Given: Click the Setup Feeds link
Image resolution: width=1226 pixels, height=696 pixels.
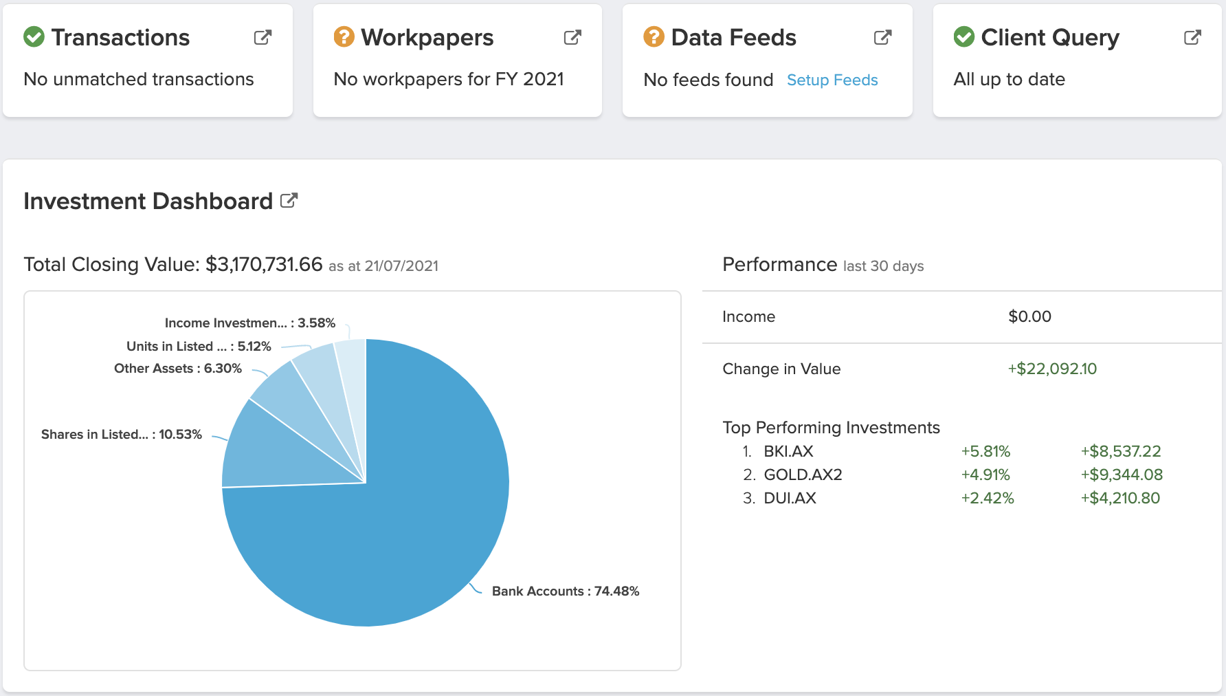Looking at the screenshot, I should pyautogui.click(x=832, y=80).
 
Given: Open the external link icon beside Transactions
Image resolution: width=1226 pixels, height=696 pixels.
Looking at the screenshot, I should pyautogui.click(x=263, y=38).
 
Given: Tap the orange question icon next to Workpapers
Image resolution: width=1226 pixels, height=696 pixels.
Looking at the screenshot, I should pyautogui.click(x=344, y=36).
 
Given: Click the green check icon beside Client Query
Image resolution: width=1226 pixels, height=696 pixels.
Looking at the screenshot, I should pyautogui.click(x=964, y=36).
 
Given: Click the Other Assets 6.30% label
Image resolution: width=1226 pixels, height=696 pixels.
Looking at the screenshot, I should pyautogui.click(x=178, y=369).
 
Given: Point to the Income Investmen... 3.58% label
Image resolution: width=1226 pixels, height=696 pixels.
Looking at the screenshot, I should pyautogui.click(x=249, y=323).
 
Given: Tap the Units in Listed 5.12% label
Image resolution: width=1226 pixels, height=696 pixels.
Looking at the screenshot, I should pyautogui.click(x=199, y=347).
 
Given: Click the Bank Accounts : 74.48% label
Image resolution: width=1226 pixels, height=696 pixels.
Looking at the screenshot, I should pyautogui.click(x=566, y=591).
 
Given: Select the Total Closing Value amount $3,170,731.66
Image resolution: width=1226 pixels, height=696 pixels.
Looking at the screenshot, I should pyautogui.click(x=264, y=265).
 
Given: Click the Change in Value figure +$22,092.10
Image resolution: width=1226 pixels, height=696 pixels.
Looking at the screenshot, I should pyautogui.click(x=1052, y=369).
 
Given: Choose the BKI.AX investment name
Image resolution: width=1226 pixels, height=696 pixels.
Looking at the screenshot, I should pyautogui.click(x=788, y=452).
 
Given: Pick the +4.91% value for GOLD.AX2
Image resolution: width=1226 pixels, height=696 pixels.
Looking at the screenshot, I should pyautogui.click(x=985, y=475).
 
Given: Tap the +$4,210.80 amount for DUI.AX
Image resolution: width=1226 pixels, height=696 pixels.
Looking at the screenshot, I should pyautogui.click(x=1120, y=499).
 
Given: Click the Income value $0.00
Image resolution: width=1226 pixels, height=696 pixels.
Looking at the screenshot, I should pyautogui.click(x=1029, y=317).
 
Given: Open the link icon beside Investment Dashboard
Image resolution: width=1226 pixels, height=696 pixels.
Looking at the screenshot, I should pyautogui.click(x=289, y=201).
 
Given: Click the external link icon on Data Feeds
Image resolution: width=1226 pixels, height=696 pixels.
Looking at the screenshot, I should pyautogui.click(x=882, y=38).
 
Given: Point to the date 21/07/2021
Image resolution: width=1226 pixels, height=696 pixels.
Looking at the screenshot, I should pyautogui.click(x=401, y=267).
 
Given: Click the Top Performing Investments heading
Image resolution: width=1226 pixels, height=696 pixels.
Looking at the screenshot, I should pyautogui.click(x=831, y=428).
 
